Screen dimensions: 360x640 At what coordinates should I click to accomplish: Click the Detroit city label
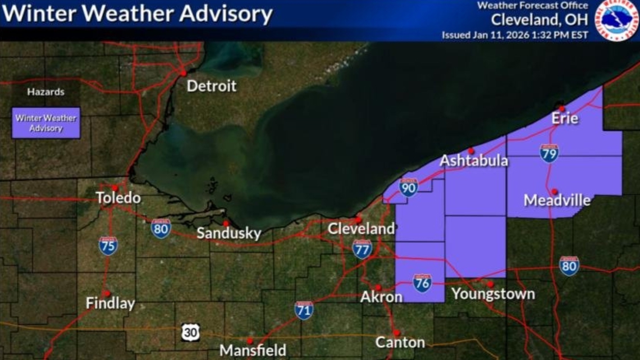tap(211, 86)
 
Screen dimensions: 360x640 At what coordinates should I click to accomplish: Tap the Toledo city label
tap(118, 198)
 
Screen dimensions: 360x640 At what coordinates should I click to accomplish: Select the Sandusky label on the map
tap(228, 234)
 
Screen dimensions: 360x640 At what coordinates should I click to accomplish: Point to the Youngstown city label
tap(493, 294)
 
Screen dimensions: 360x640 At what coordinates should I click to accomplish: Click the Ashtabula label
tap(473, 161)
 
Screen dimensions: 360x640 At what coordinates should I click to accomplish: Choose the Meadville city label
tap(556, 200)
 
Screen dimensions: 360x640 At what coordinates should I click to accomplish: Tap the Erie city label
tap(564, 119)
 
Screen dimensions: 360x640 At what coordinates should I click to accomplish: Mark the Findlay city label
tap(110, 304)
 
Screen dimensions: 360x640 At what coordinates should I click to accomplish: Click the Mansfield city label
tap(253, 350)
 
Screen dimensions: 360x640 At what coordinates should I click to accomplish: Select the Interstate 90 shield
tap(408, 188)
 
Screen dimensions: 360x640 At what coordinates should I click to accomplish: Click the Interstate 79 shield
tap(549, 153)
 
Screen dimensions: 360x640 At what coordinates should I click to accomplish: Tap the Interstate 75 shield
tap(108, 245)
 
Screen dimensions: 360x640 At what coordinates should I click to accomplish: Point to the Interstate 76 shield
tap(422, 282)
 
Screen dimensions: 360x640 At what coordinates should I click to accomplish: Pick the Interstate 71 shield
tap(304, 310)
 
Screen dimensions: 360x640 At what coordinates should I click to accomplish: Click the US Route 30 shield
tap(190, 332)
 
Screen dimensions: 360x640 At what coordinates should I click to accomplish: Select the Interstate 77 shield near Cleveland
tap(362, 248)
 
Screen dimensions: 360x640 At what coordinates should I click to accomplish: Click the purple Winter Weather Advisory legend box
tap(46, 123)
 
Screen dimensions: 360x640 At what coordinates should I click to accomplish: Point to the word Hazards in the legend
tap(45, 92)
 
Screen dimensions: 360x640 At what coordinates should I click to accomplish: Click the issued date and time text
tap(515, 35)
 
